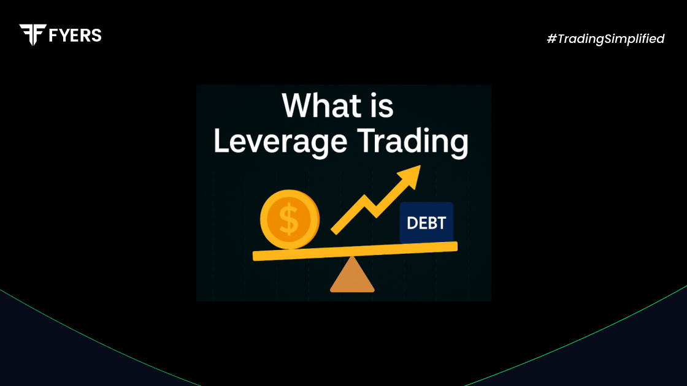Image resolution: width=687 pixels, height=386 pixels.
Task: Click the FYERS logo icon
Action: click(33, 34)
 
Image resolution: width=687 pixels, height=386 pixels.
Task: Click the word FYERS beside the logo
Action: click(75, 36)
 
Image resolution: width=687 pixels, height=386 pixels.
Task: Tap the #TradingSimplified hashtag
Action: click(605, 39)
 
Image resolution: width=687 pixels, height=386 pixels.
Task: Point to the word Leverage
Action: click(280, 142)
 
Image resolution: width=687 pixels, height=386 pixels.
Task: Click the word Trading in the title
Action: click(413, 142)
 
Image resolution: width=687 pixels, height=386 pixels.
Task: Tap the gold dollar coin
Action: click(290, 219)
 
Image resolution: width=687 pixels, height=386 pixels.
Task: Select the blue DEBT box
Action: click(426, 222)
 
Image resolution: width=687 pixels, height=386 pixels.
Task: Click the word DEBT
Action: click(426, 223)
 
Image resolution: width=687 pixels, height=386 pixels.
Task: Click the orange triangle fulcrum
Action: click(352, 274)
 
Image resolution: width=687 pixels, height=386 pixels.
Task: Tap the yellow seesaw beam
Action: click(355, 251)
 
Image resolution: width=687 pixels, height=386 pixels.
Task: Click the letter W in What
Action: click(299, 105)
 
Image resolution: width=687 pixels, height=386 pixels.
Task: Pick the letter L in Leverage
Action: click(221, 140)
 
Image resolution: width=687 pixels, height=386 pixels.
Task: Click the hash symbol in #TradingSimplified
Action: click(552, 39)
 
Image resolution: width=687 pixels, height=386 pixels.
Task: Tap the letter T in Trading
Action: click(367, 140)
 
